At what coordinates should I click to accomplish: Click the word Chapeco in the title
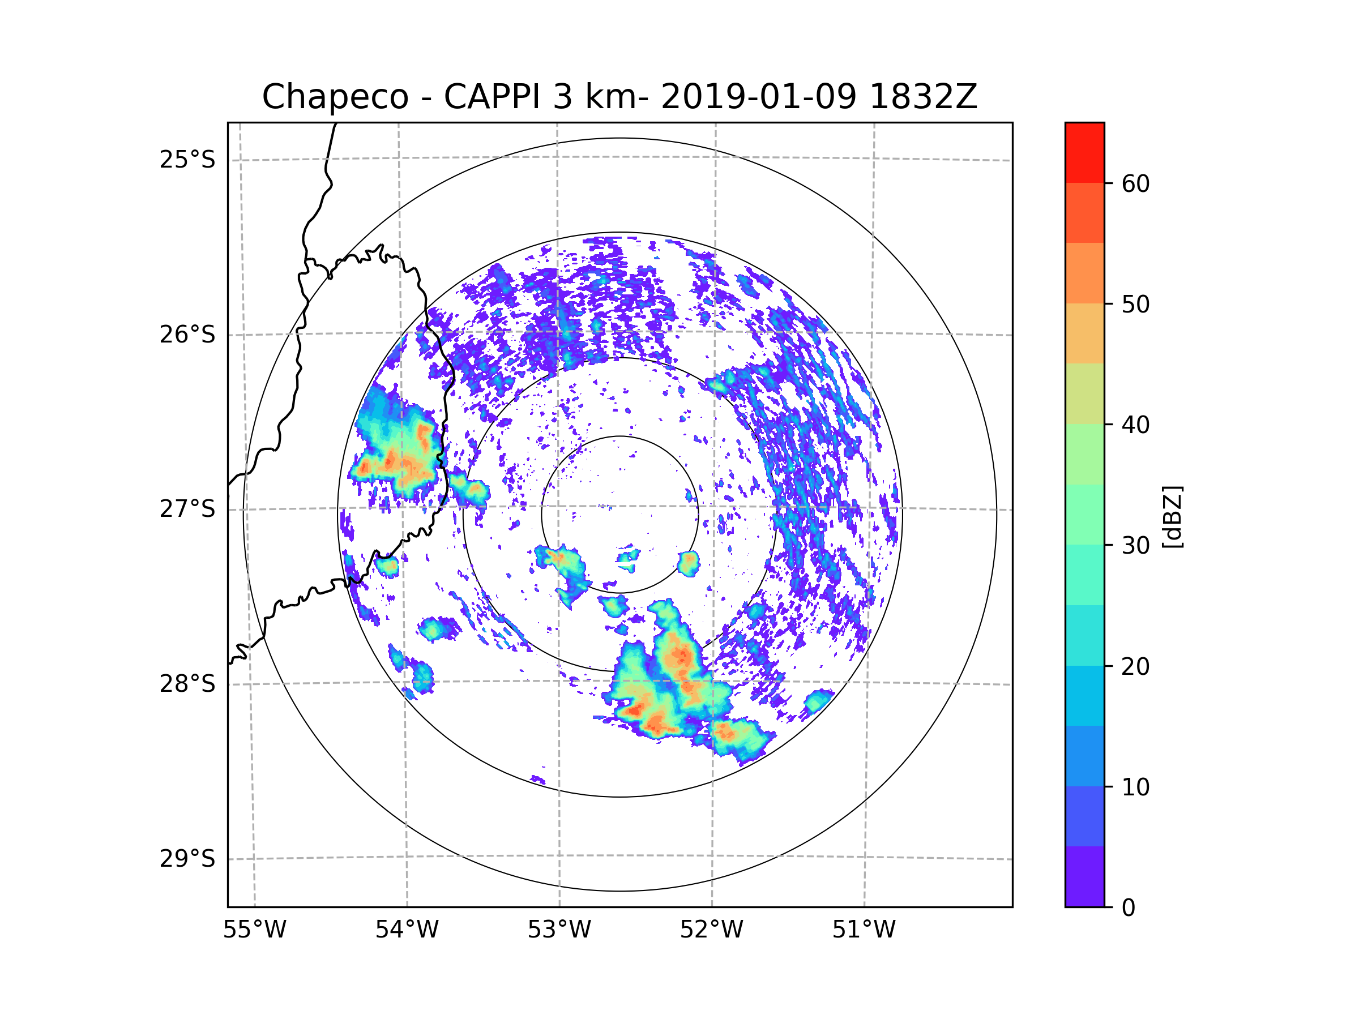click(335, 97)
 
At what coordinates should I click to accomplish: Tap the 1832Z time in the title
click(923, 97)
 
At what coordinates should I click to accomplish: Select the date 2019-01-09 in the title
click(758, 97)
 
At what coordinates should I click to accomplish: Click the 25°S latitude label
click(187, 160)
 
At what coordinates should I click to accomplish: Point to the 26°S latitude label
click(187, 335)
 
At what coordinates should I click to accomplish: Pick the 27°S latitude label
click(187, 509)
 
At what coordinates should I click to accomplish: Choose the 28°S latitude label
click(187, 684)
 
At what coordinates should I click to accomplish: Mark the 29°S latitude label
click(187, 859)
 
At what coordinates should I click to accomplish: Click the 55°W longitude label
click(254, 930)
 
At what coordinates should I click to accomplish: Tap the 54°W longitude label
click(407, 930)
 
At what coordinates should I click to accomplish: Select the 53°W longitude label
click(559, 930)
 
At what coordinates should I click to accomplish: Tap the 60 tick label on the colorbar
click(1135, 183)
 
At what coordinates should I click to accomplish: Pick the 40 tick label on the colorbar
click(1135, 425)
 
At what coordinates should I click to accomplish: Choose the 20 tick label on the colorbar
click(1135, 666)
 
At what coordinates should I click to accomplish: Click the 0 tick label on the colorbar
click(1129, 908)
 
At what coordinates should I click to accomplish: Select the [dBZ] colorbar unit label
click(1172, 516)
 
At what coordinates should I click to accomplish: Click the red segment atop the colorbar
click(1084, 152)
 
